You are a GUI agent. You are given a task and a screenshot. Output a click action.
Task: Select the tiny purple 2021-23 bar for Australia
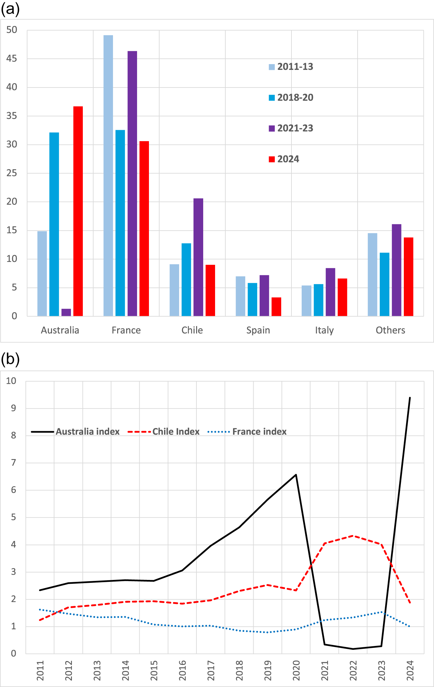point(66,312)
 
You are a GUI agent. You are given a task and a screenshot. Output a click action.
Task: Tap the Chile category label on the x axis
point(192,330)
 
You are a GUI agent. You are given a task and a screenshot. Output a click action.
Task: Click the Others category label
point(390,330)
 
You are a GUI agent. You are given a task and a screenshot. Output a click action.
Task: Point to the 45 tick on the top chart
point(12,59)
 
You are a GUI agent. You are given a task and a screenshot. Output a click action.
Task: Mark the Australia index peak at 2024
point(410,398)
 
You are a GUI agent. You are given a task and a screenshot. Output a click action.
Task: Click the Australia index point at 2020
point(296,475)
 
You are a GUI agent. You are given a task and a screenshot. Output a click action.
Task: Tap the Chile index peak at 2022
point(353,536)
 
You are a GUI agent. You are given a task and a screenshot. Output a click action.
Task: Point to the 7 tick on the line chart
point(13,463)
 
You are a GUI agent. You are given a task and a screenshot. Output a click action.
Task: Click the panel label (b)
point(10,359)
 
